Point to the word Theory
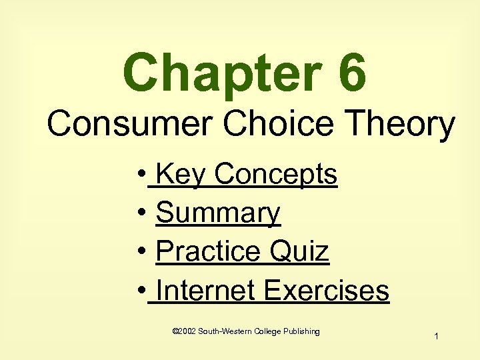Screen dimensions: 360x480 [x=400, y=124]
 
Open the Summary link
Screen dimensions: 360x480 [x=217, y=213]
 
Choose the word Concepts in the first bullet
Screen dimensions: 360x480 [x=275, y=175]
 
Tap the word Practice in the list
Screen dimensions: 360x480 [x=207, y=252]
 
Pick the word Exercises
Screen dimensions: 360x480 [x=326, y=291]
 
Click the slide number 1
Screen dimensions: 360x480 [x=435, y=337]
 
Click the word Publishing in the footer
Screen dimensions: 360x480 [x=301, y=331]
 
